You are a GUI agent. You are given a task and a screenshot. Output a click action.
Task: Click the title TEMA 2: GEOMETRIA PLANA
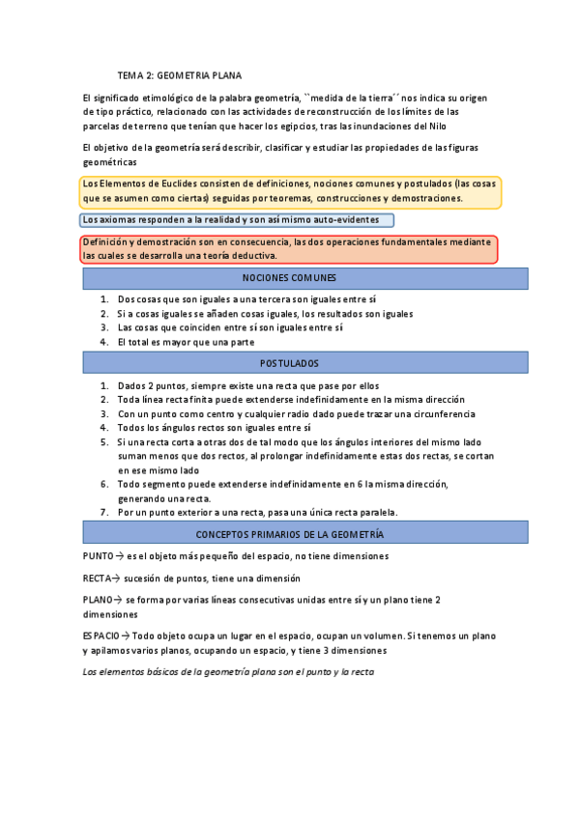click(x=180, y=74)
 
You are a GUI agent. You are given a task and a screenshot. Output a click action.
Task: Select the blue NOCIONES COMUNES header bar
click(x=304, y=278)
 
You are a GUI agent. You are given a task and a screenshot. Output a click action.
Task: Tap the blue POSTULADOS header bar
click(x=304, y=363)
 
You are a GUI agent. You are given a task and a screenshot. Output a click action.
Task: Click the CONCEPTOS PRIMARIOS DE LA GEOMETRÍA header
click(x=304, y=534)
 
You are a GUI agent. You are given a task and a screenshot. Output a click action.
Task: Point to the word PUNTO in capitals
click(x=99, y=556)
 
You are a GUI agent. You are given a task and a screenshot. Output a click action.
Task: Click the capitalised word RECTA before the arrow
click(x=98, y=578)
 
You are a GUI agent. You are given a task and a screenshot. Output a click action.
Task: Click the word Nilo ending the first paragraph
click(x=437, y=126)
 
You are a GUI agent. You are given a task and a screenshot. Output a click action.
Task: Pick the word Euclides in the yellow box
click(x=176, y=184)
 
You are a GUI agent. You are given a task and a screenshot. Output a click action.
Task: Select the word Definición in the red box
click(x=107, y=241)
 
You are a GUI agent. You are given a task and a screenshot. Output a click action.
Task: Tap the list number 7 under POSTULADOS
click(x=104, y=512)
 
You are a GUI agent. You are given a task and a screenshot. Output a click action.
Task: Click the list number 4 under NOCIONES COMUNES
click(x=104, y=342)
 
